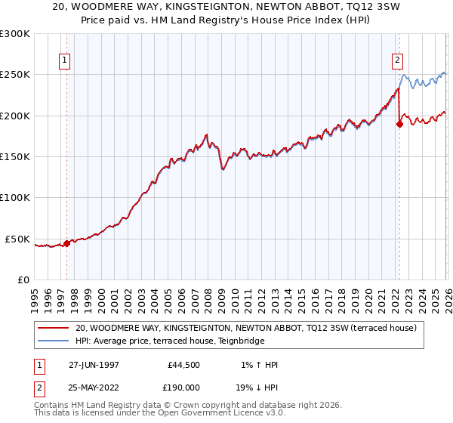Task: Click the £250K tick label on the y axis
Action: point(14,75)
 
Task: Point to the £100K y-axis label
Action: point(14,197)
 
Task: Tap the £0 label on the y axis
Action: point(23,279)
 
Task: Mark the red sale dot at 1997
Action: point(66,243)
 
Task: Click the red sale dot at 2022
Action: point(399,125)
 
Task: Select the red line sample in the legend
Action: point(53,329)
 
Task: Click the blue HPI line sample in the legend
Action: point(53,341)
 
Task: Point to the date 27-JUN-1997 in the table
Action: point(94,365)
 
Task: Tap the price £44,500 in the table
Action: point(186,365)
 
